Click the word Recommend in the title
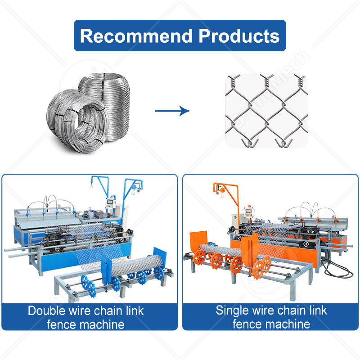pyautogui.click(x=134, y=36)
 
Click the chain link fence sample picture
pyautogui.click(x=266, y=110)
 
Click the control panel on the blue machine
pyautogui.click(x=112, y=202)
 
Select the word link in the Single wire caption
pyautogui.click(x=317, y=310)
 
